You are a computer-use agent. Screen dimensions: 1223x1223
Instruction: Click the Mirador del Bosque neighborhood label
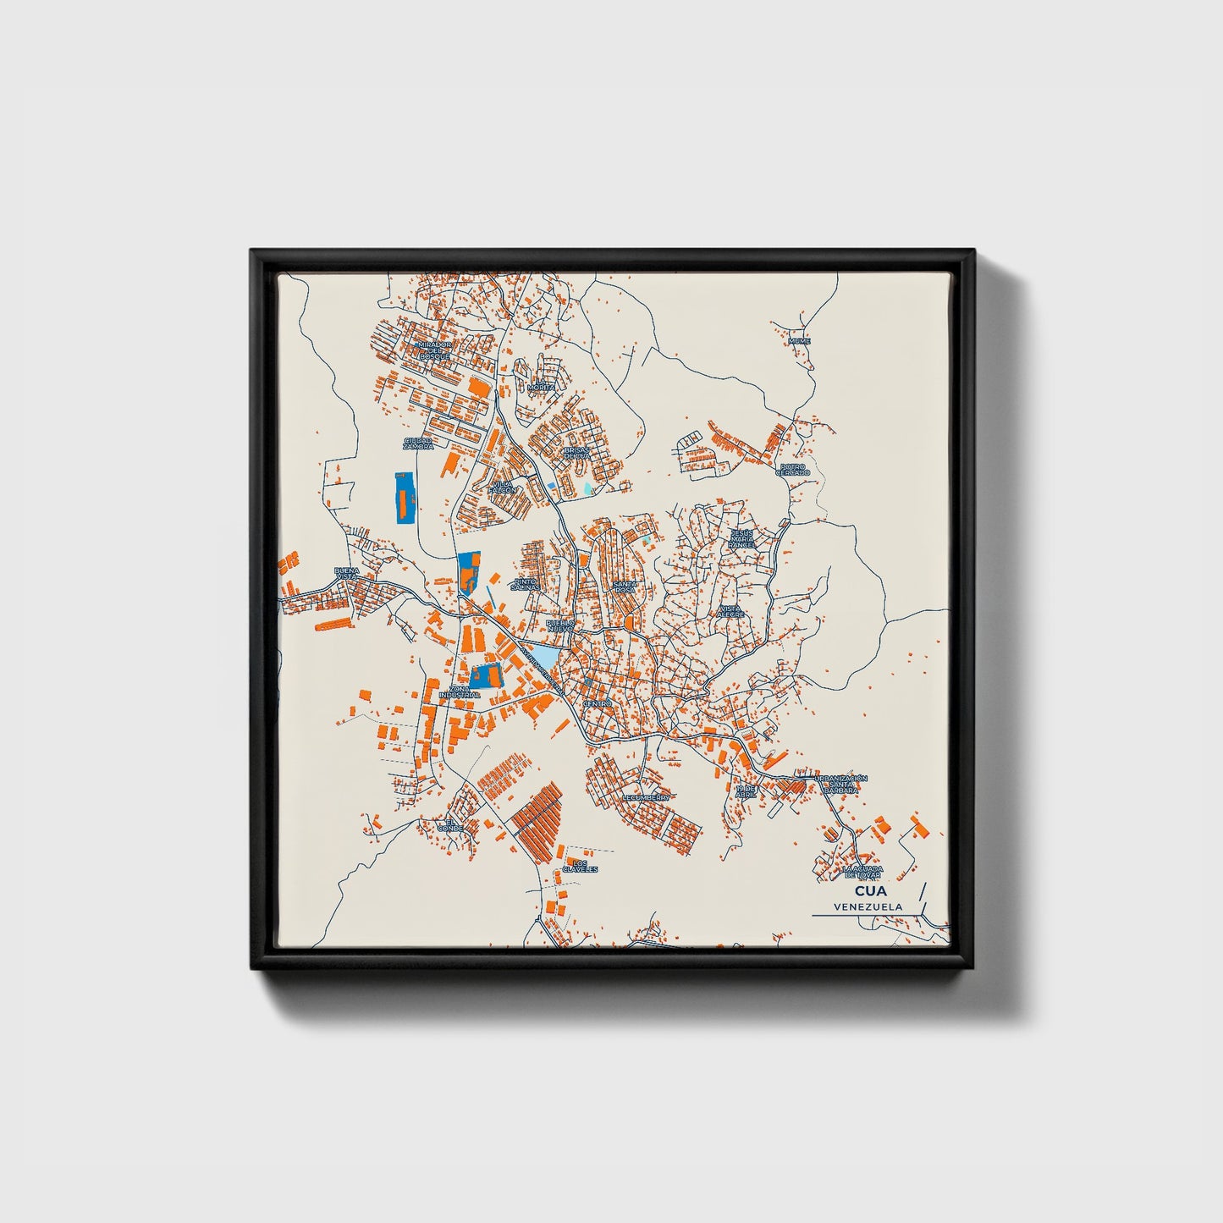(434, 350)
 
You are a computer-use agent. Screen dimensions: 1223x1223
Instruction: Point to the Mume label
(799, 341)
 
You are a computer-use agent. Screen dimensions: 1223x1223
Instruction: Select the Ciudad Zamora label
(418, 443)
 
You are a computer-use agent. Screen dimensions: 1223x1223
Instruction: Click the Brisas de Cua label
(576, 454)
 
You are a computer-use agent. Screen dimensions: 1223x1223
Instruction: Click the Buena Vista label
(348, 574)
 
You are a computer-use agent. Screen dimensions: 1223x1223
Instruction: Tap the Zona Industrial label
(460, 691)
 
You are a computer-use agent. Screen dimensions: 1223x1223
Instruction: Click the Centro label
(598, 704)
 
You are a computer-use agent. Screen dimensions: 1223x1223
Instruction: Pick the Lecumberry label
(646, 797)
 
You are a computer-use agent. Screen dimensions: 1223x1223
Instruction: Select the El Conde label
(450, 826)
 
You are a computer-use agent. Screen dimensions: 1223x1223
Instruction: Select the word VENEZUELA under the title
(867, 906)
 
